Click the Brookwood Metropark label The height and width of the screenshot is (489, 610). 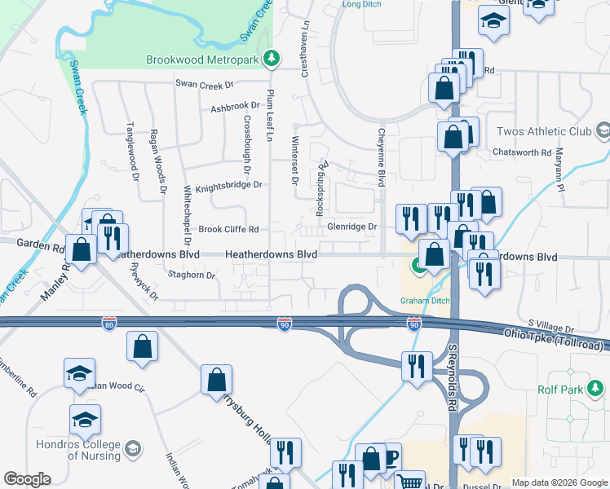[x=206, y=59]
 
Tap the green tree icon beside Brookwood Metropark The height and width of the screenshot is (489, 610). [x=275, y=59]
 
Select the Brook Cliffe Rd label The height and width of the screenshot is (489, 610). [x=229, y=229]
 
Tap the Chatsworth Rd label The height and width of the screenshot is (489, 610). [x=522, y=152]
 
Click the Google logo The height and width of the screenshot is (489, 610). [x=27, y=479]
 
